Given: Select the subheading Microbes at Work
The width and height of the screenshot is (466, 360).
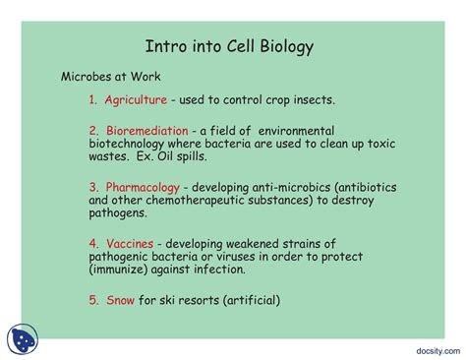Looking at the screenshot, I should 111,76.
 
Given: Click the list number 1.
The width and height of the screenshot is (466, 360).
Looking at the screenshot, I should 92,99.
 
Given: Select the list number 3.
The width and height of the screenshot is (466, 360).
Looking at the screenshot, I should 92,186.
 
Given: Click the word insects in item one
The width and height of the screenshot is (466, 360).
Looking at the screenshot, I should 314,99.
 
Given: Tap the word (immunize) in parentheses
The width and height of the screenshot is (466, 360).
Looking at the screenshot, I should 122,270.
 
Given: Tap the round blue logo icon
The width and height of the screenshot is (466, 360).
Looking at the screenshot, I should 22,339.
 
